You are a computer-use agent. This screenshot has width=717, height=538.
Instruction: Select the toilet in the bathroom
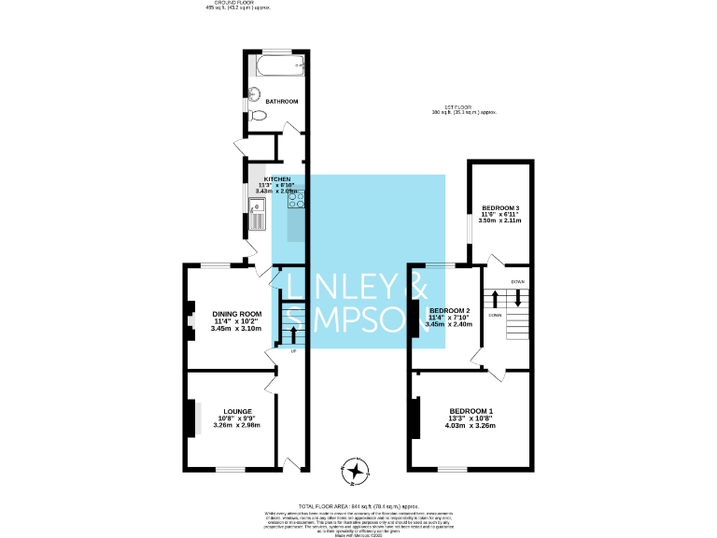coord(260,115)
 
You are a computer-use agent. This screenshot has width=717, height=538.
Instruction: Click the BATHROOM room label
coord(281,101)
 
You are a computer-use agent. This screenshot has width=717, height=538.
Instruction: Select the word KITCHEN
coord(277,178)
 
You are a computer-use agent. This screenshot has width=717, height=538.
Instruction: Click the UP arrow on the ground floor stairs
coord(294,334)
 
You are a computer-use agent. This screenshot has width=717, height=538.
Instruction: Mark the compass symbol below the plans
coord(355,471)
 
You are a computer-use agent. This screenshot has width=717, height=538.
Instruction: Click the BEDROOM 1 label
coord(471,412)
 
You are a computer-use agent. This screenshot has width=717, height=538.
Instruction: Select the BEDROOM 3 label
coord(499,206)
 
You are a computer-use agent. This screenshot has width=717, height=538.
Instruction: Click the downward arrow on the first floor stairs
coord(513,300)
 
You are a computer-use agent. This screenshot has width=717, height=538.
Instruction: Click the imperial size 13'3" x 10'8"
coord(471,418)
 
